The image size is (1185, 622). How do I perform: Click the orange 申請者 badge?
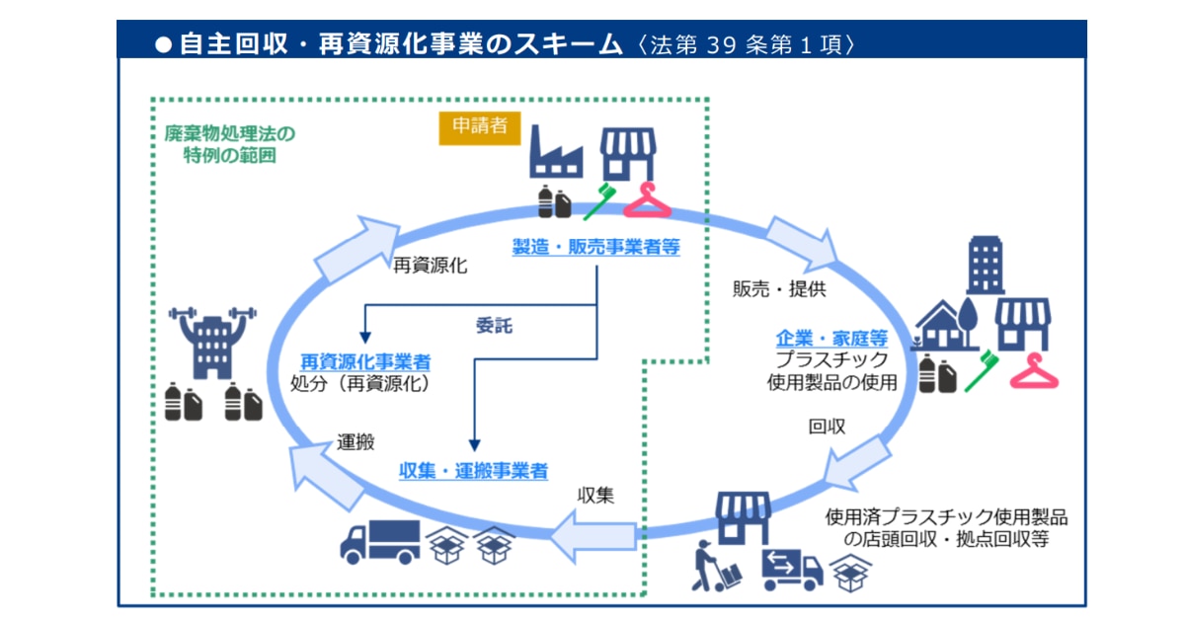pyautogui.click(x=480, y=127)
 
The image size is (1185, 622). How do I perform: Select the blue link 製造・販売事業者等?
pyautogui.click(x=595, y=247)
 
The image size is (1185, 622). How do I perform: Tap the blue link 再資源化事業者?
pyautogui.click(x=365, y=362)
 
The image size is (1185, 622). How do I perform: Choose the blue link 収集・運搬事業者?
pyautogui.click(x=473, y=471)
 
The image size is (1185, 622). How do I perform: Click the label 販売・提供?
pyautogui.click(x=779, y=289)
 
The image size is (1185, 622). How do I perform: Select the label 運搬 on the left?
pyautogui.click(x=355, y=442)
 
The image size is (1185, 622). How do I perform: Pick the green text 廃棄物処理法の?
pyautogui.click(x=229, y=133)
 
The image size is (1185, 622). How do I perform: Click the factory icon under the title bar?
pyautogui.click(x=556, y=151)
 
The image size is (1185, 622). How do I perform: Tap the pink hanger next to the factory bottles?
pyautogui.click(x=647, y=200)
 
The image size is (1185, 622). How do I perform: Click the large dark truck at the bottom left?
pyautogui.click(x=379, y=541)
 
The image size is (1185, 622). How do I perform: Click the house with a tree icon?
pyautogui.click(x=948, y=323)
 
